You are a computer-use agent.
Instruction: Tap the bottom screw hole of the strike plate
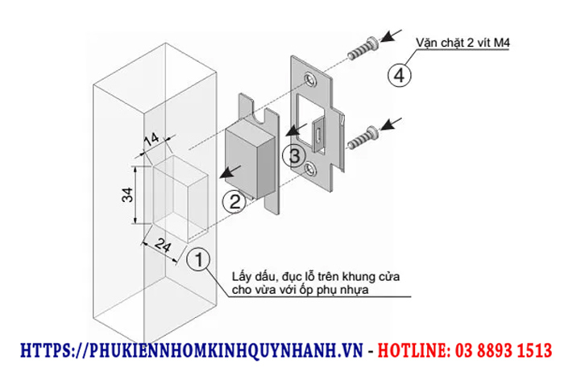point(313,167)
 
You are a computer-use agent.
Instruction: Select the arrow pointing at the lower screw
point(395,125)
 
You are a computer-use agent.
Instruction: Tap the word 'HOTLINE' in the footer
point(410,351)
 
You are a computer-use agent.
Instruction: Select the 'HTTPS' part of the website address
point(44,351)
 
